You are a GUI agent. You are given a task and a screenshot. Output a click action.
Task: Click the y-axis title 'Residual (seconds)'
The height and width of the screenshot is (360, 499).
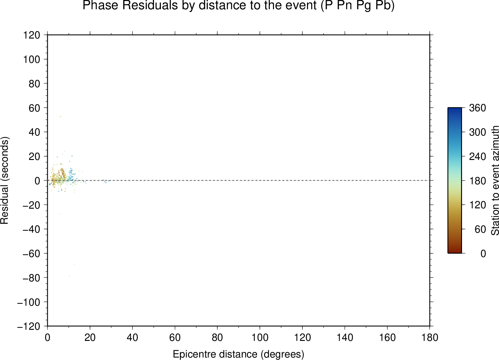(4, 180)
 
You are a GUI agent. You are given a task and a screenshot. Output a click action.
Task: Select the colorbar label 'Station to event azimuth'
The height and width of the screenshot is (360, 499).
(495, 180)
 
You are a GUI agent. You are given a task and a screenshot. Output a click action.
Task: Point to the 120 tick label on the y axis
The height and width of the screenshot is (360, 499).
(32, 35)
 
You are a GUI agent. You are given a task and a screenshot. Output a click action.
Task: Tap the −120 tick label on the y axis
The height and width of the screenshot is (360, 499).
(29, 326)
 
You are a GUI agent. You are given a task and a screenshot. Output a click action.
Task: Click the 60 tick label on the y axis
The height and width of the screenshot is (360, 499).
(34, 108)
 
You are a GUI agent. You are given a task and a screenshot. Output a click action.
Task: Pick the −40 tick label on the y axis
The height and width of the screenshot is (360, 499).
(31, 229)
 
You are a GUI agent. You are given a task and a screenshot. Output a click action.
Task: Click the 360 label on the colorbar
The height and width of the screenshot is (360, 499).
(477, 108)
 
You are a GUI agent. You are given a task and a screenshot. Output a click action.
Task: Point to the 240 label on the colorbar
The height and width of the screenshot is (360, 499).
(477, 156)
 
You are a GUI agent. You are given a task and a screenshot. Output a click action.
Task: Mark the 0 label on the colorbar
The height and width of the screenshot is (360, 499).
(483, 254)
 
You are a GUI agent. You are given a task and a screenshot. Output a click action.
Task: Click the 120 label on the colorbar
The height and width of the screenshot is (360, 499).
(477, 205)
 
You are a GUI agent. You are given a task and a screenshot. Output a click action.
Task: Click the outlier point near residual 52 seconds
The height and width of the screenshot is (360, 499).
(60, 117)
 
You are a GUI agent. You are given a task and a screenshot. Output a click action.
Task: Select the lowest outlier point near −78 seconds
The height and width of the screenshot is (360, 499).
(69, 276)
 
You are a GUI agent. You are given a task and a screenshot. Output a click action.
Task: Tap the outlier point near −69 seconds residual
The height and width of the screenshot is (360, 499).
(74, 264)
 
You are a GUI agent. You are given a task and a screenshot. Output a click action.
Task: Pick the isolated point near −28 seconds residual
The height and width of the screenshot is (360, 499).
(60, 214)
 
